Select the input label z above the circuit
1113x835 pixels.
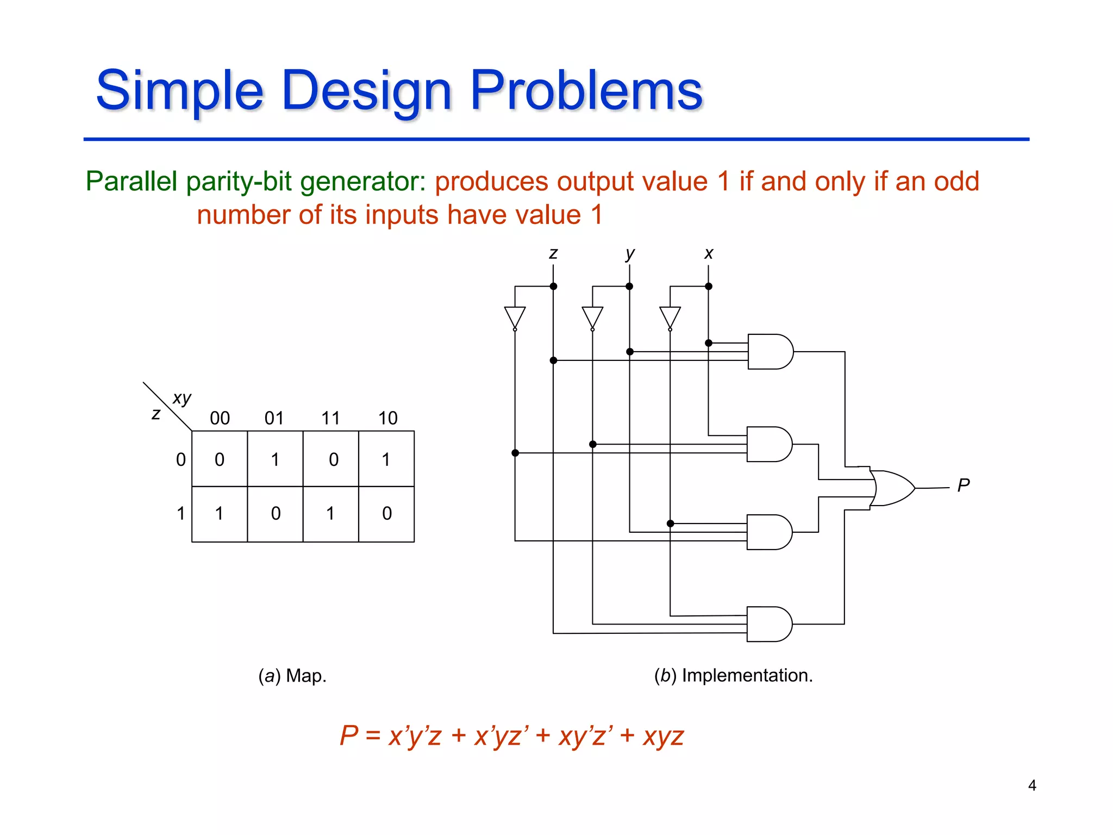pos(553,253)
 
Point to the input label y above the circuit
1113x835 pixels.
pos(629,253)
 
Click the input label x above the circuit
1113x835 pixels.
pos(708,253)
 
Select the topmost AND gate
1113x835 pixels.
pos(769,352)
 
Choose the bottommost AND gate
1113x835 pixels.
pos(768,624)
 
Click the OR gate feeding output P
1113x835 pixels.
pos(891,488)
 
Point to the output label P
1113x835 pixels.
pos(963,485)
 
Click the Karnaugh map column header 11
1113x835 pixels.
pos(330,418)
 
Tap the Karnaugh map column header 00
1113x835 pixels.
pos(220,418)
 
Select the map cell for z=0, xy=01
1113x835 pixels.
pos(275,459)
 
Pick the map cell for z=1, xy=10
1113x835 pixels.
pos(386,513)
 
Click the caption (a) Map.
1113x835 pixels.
pos(292,676)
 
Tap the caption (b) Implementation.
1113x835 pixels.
pos(733,675)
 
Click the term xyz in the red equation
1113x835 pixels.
pos(663,737)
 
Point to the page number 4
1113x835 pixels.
pos(1032,785)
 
